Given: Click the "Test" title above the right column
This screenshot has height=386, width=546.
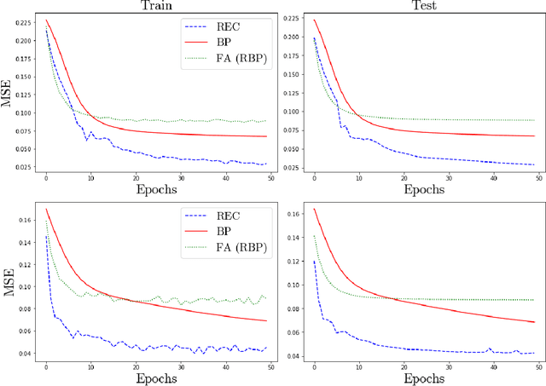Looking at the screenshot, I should [423, 6].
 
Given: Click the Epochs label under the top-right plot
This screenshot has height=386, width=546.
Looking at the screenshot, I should [423, 190].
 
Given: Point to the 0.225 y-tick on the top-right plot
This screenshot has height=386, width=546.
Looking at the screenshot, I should [290, 18].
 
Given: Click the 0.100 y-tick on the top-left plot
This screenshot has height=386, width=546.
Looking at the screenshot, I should [23, 112].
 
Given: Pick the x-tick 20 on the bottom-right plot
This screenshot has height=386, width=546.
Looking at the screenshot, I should [404, 365].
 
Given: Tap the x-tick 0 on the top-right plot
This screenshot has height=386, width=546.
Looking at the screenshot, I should [314, 177].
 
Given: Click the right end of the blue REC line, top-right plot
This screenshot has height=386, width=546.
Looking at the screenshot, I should [534, 164].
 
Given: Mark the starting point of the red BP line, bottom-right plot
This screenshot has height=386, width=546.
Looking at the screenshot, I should [314, 209].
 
